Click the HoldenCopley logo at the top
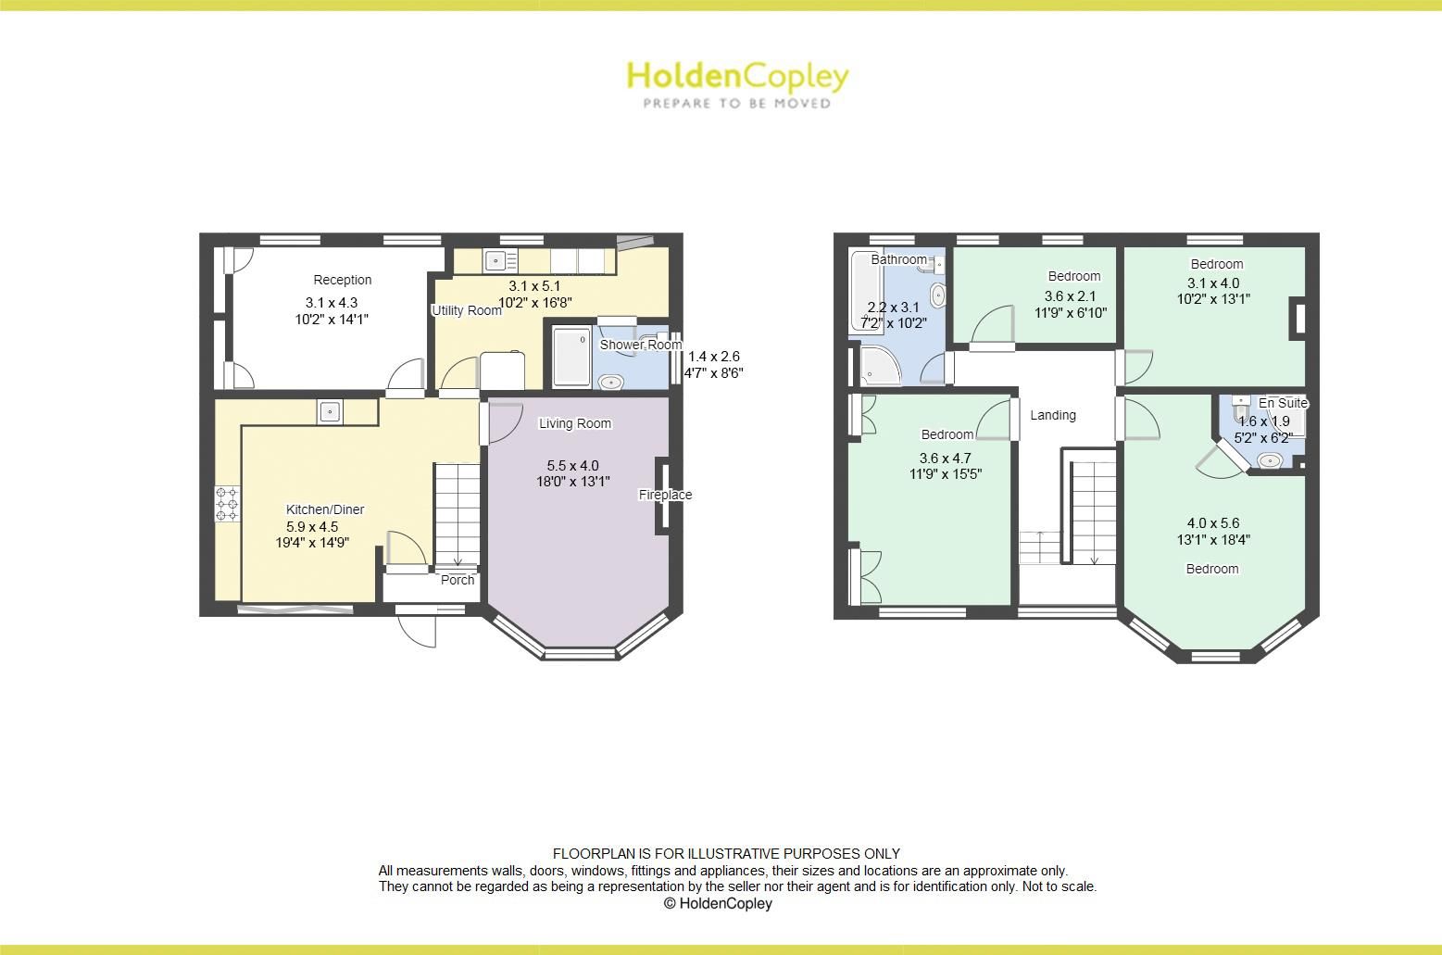coord(737,76)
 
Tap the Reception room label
coord(342,280)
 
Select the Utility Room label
coord(467,310)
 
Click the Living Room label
coord(575,423)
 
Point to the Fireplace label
coord(665,495)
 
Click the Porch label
coord(458,580)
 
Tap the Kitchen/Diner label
coord(324,509)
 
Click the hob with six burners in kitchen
coord(227,503)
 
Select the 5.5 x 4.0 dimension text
coord(572,466)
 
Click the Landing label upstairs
coord(1053,415)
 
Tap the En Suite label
coord(1283,403)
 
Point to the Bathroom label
coord(898,259)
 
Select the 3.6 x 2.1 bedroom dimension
coord(1070,296)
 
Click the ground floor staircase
coord(458,514)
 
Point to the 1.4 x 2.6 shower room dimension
coord(713,357)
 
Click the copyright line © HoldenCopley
coord(718,903)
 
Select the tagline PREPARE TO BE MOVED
coord(737,104)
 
